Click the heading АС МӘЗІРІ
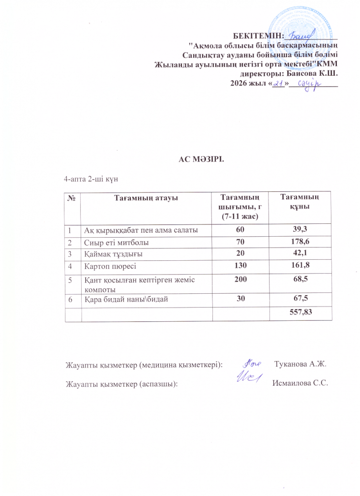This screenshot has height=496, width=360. [x=201, y=159]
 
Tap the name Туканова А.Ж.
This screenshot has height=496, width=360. [x=302, y=365]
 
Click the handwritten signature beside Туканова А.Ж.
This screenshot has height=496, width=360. [x=252, y=364]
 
